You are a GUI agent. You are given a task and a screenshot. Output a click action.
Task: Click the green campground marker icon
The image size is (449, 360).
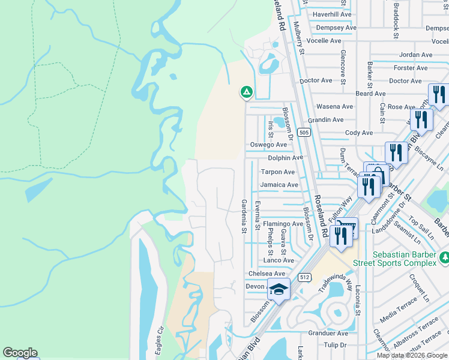click(x=246, y=92)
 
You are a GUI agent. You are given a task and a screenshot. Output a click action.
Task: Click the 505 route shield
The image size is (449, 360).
click(x=304, y=132)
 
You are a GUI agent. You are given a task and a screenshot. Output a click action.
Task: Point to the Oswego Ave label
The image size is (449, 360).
click(x=268, y=145)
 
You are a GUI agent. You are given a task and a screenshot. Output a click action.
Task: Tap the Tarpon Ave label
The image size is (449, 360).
click(x=277, y=172)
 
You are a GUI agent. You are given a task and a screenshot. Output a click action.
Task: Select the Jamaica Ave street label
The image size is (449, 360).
click(x=279, y=185)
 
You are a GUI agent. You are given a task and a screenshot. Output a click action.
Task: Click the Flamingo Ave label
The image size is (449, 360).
click(x=283, y=224)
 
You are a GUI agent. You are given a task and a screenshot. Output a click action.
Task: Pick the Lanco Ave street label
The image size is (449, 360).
click(x=279, y=260)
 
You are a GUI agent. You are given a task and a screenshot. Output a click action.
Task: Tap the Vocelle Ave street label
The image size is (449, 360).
click(x=324, y=41)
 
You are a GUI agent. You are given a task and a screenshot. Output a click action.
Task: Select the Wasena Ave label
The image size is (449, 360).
click(x=334, y=106)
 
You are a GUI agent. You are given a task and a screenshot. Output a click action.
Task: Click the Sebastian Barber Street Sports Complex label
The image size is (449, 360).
click(x=404, y=259)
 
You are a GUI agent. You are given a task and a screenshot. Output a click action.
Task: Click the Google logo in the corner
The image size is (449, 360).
click(x=20, y=353)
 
